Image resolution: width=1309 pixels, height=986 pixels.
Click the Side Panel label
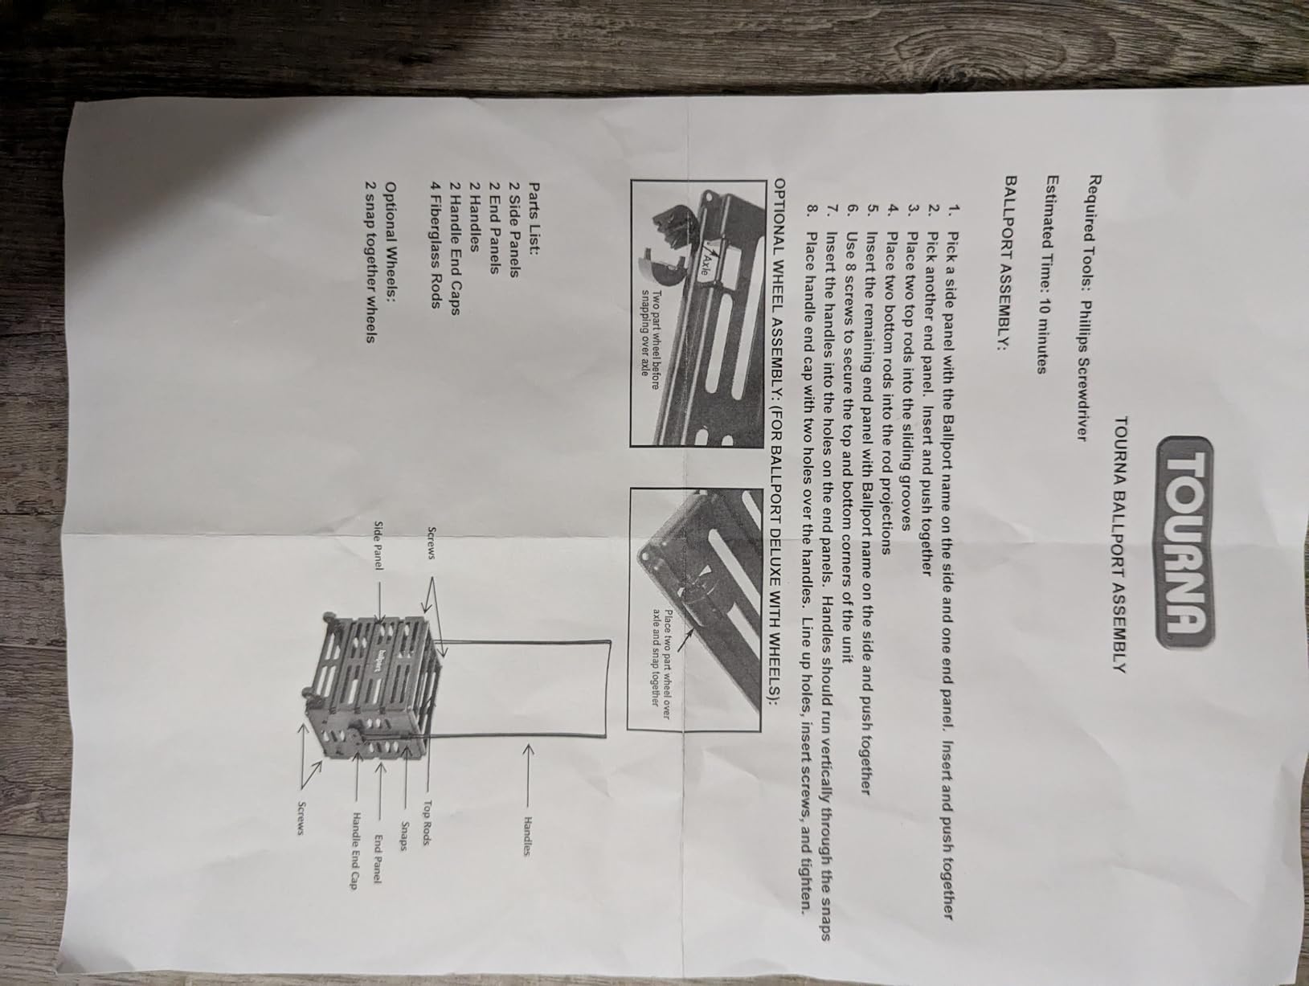[378, 545]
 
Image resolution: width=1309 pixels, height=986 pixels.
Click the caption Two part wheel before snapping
[650, 339]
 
